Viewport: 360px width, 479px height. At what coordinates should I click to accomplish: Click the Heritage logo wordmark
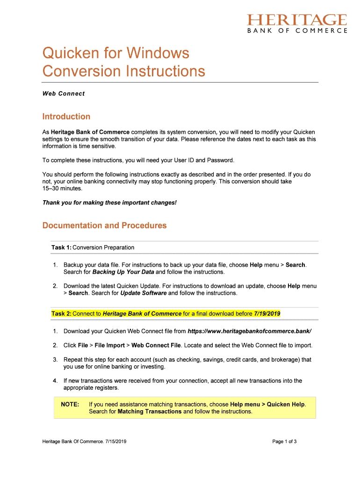click(297, 20)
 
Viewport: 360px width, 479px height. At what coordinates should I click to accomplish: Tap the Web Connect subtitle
click(64, 94)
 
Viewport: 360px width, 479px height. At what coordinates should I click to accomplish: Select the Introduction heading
click(66, 116)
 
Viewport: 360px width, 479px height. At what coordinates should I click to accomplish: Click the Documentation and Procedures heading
click(104, 225)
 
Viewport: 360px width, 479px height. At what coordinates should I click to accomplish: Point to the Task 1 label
click(61, 247)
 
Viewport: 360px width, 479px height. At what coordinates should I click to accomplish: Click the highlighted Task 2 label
click(61, 313)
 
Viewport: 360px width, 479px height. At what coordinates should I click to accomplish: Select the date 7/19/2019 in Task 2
click(267, 313)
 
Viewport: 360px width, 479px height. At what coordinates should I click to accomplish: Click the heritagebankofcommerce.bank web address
click(249, 331)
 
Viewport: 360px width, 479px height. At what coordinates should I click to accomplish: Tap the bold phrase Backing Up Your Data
click(123, 272)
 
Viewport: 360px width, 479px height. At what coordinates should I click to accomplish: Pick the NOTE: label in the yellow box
click(70, 404)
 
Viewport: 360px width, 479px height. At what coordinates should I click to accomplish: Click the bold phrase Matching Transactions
click(149, 412)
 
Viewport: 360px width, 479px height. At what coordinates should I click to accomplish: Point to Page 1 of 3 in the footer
click(285, 441)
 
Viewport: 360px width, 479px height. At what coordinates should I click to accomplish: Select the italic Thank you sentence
click(109, 203)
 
